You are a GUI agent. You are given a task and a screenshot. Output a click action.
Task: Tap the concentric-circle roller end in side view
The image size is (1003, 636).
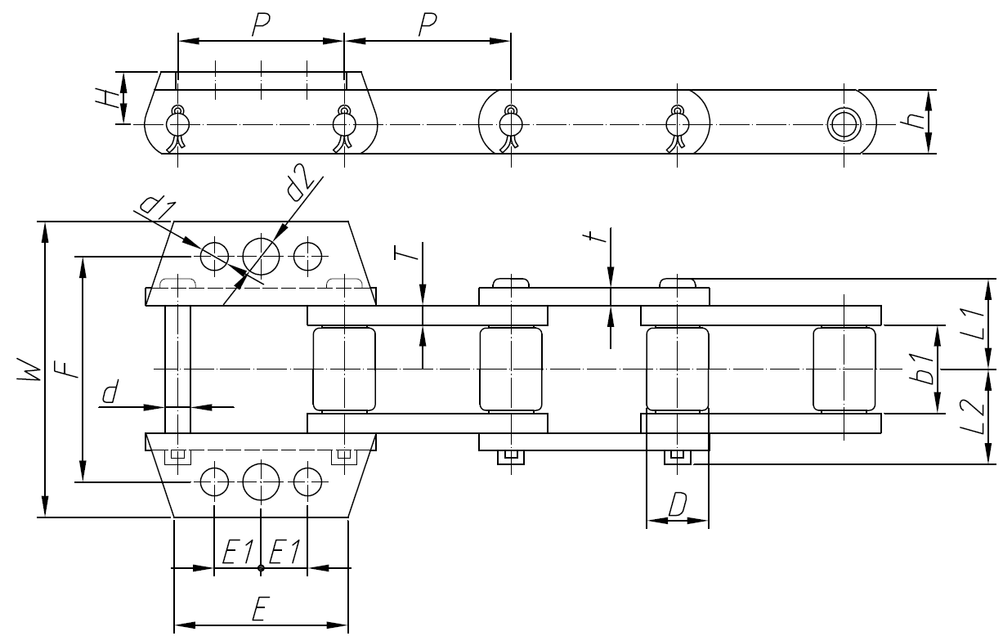pyautogui.click(x=842, y=124)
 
